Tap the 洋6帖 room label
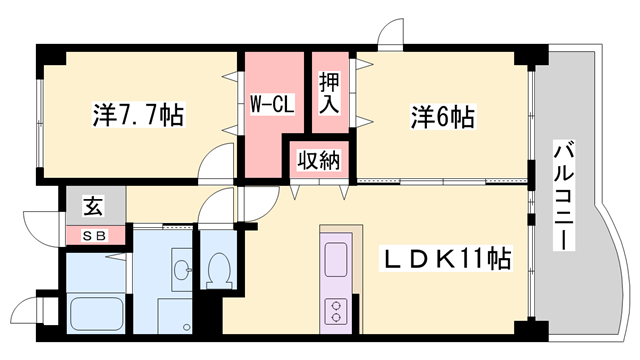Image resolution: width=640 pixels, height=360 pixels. (441, 117)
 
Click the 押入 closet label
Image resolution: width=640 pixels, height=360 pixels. (329, 92)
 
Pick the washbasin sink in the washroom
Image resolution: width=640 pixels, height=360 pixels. (180, 270)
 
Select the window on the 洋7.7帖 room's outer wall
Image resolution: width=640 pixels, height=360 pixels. (38, 120)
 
